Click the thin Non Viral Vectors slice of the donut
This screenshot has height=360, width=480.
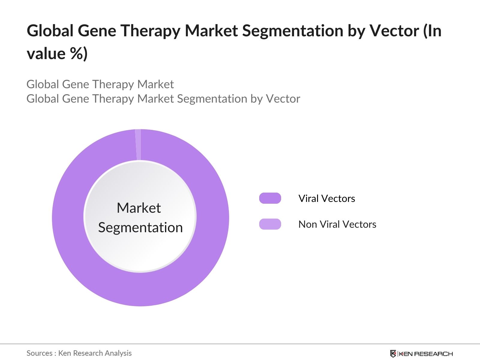[138, 145]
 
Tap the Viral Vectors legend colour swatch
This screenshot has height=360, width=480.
[270, 198]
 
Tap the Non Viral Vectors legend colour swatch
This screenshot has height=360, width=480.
[270, 224]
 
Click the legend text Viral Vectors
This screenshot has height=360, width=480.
[327, 199]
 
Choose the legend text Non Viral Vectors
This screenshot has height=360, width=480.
[337, 224]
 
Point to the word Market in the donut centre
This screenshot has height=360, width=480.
[139, 208]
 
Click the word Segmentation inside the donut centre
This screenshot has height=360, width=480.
[140, 228]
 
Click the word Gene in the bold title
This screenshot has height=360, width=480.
[97, 31]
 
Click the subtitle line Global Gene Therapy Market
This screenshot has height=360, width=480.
[100, 84]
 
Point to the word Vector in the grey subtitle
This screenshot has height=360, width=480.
[283, 99]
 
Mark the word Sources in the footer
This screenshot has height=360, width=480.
[39, 353]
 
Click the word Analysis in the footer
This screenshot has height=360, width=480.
[118, 353]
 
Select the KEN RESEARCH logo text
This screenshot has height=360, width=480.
[426, 354]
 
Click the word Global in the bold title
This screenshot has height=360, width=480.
[50, 31]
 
